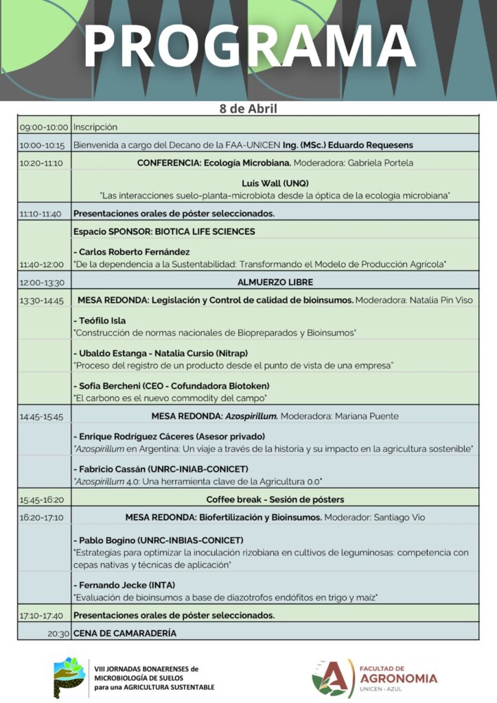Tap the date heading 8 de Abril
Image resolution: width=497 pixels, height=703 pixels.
[248, 108]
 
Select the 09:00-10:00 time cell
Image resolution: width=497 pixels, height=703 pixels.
[44, 127]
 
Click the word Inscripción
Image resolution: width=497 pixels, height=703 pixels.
[95, 127]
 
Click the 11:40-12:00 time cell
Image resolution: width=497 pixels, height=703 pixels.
[44, 264]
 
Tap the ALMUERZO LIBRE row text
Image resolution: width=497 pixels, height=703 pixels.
[275, 282]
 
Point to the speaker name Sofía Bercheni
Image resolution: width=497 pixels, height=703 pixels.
[113, 386]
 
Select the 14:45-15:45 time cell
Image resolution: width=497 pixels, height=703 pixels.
[44, 416]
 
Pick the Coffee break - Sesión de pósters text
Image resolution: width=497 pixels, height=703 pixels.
[275, 499]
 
